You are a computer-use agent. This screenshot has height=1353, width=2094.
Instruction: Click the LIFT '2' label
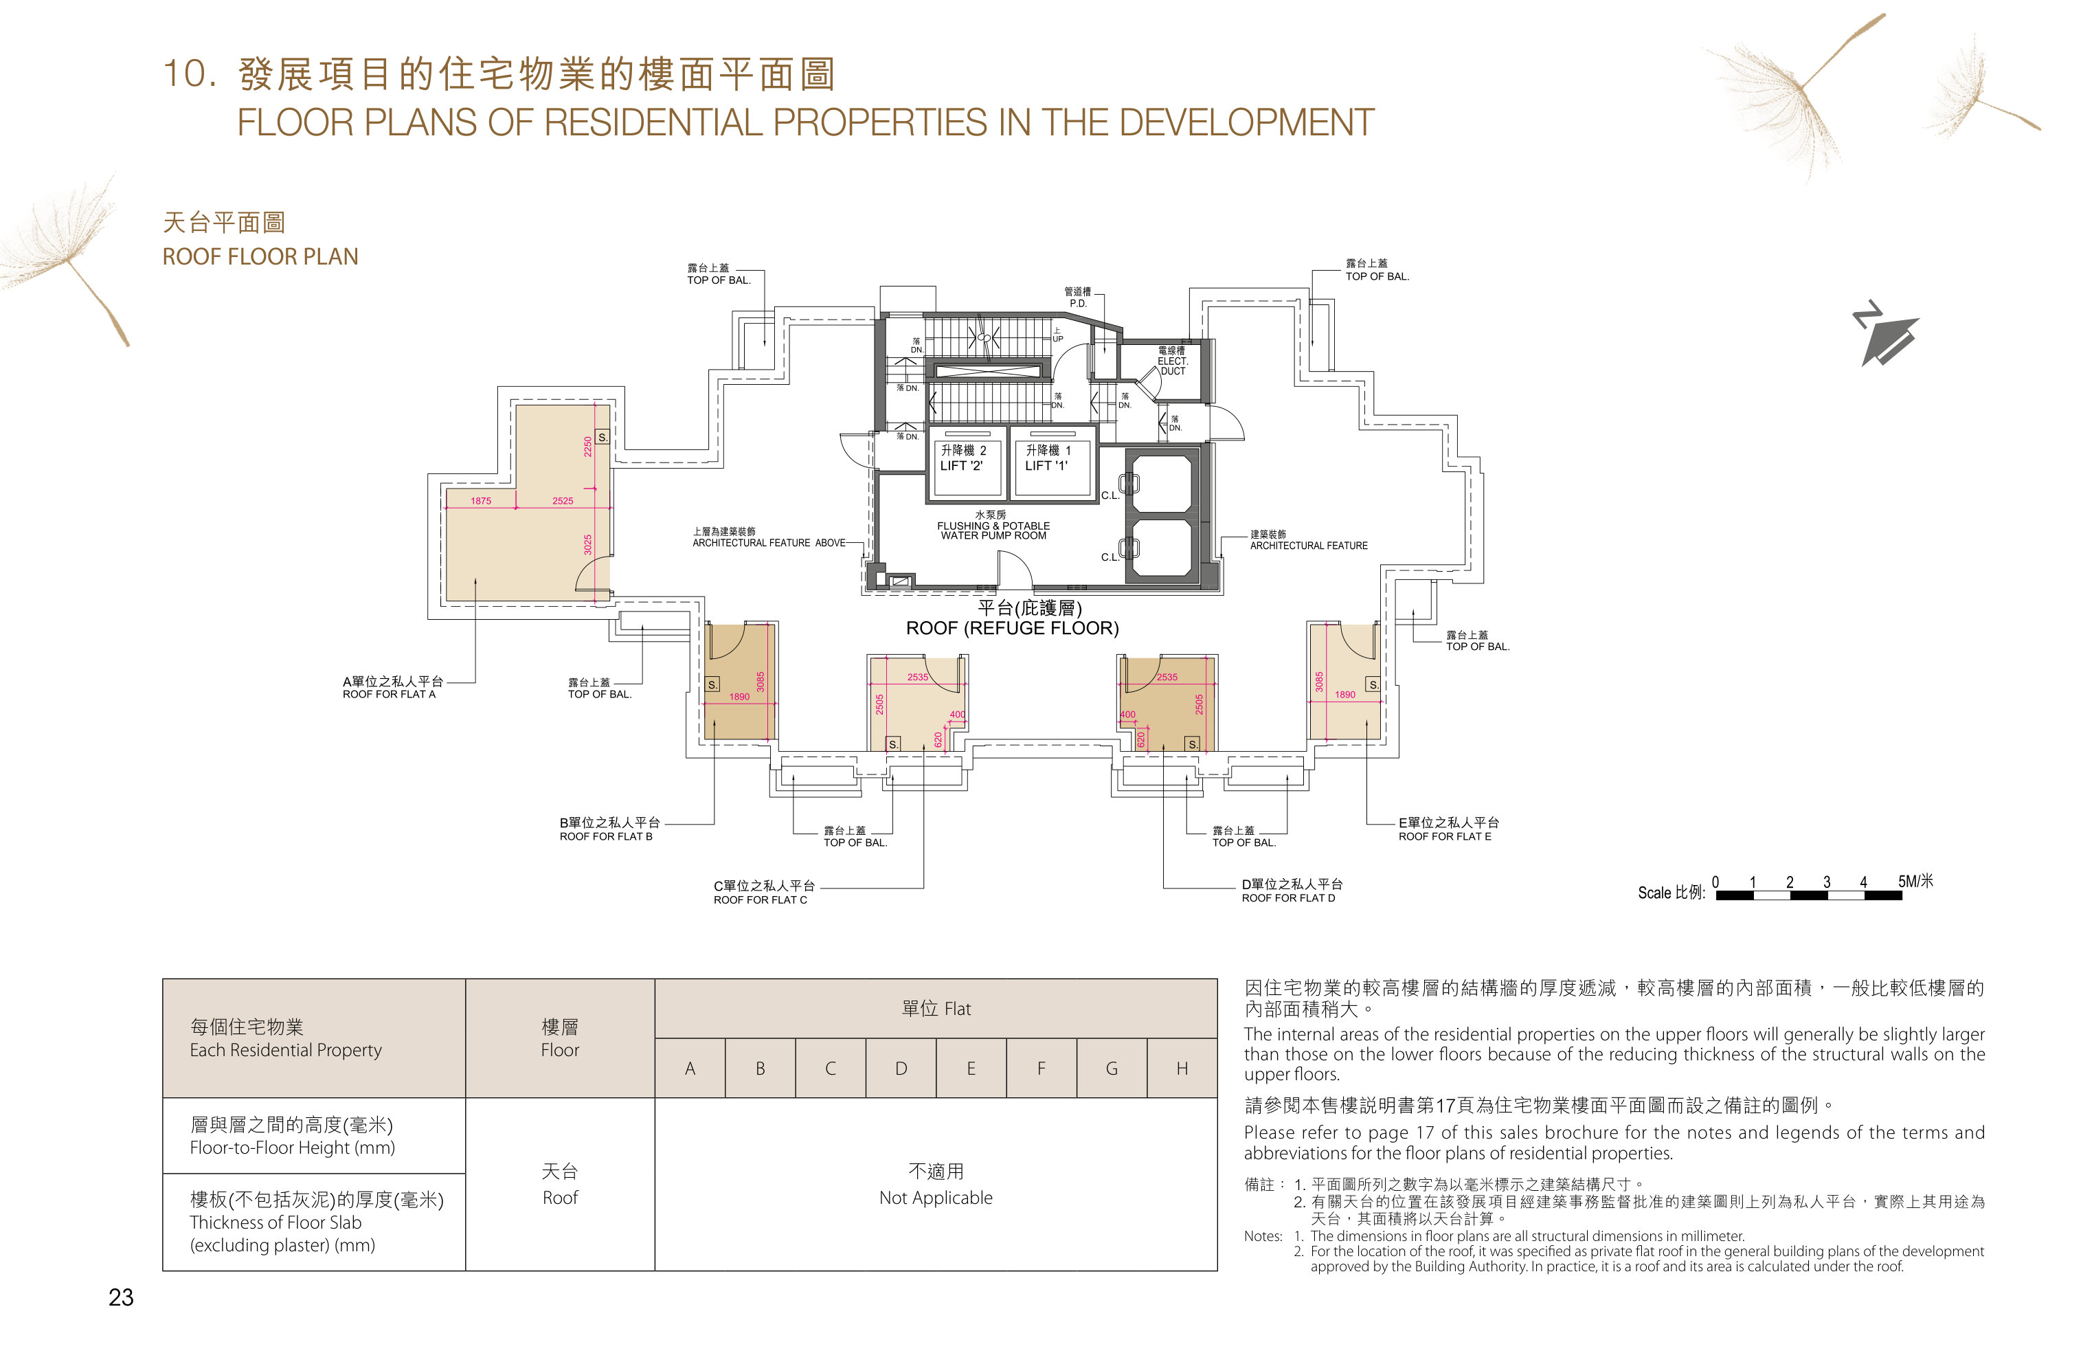(962, 466)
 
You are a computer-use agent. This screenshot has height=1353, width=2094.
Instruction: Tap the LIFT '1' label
(1046, 466)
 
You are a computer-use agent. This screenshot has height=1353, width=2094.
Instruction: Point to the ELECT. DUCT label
(1172, 366)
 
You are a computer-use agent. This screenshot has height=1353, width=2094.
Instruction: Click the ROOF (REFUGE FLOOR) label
(1012, 628)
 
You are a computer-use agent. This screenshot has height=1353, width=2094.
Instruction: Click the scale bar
(1808, 895)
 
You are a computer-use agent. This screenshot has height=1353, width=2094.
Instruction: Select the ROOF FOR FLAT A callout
(389, 694)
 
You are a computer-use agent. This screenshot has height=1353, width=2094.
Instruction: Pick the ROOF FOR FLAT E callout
(1445, 836)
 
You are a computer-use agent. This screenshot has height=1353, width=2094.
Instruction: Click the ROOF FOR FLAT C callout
(760, 899)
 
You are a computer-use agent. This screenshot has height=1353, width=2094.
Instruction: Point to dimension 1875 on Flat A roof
(480, 501)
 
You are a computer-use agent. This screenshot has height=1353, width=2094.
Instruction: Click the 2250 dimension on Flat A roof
(587, 447)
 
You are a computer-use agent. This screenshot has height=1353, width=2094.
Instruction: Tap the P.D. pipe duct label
(1078, 303)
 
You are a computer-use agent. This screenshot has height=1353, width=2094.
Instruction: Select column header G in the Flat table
(1111, 1069)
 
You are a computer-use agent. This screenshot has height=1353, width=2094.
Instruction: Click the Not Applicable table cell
(936, 1198)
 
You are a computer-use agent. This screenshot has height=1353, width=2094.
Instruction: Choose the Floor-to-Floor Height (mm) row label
(293, 1148)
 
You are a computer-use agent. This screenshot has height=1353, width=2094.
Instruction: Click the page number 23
(121, 1297)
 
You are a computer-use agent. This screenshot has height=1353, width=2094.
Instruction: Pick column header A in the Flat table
(690, 1069)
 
